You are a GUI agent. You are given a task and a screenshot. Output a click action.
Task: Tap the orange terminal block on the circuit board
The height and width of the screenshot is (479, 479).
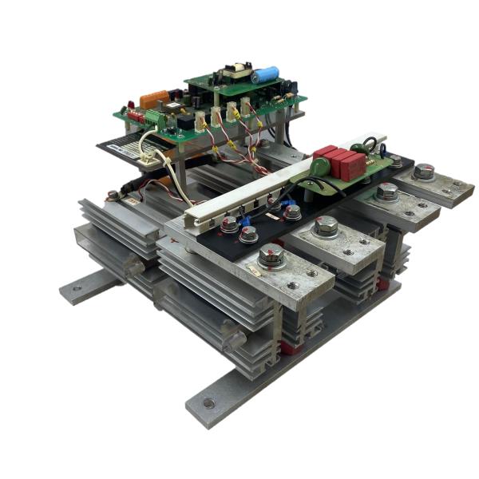click(155, 100)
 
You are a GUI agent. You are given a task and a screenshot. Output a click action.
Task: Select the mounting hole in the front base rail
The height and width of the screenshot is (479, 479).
click(209, 403)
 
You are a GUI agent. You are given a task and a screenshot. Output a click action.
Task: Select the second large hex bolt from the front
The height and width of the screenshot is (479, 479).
click(326, 226)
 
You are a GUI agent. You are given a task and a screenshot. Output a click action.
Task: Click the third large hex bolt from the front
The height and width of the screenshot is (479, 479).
click(387, 192)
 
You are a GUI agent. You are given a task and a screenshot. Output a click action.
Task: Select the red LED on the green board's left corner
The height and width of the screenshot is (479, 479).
click(125, 106)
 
